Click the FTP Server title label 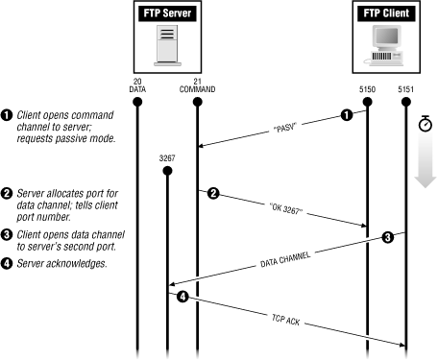(x=166, y=16)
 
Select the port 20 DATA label (x=136, y=84)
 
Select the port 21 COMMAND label (x=196, y=84)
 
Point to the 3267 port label (x=167, y=156)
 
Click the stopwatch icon (x=426, y=125)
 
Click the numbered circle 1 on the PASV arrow (x=347, y=115)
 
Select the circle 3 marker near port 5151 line (x=387, y=236)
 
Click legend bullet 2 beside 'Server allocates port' (x=7, y=193)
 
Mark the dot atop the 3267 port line (x=167, y=171)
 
